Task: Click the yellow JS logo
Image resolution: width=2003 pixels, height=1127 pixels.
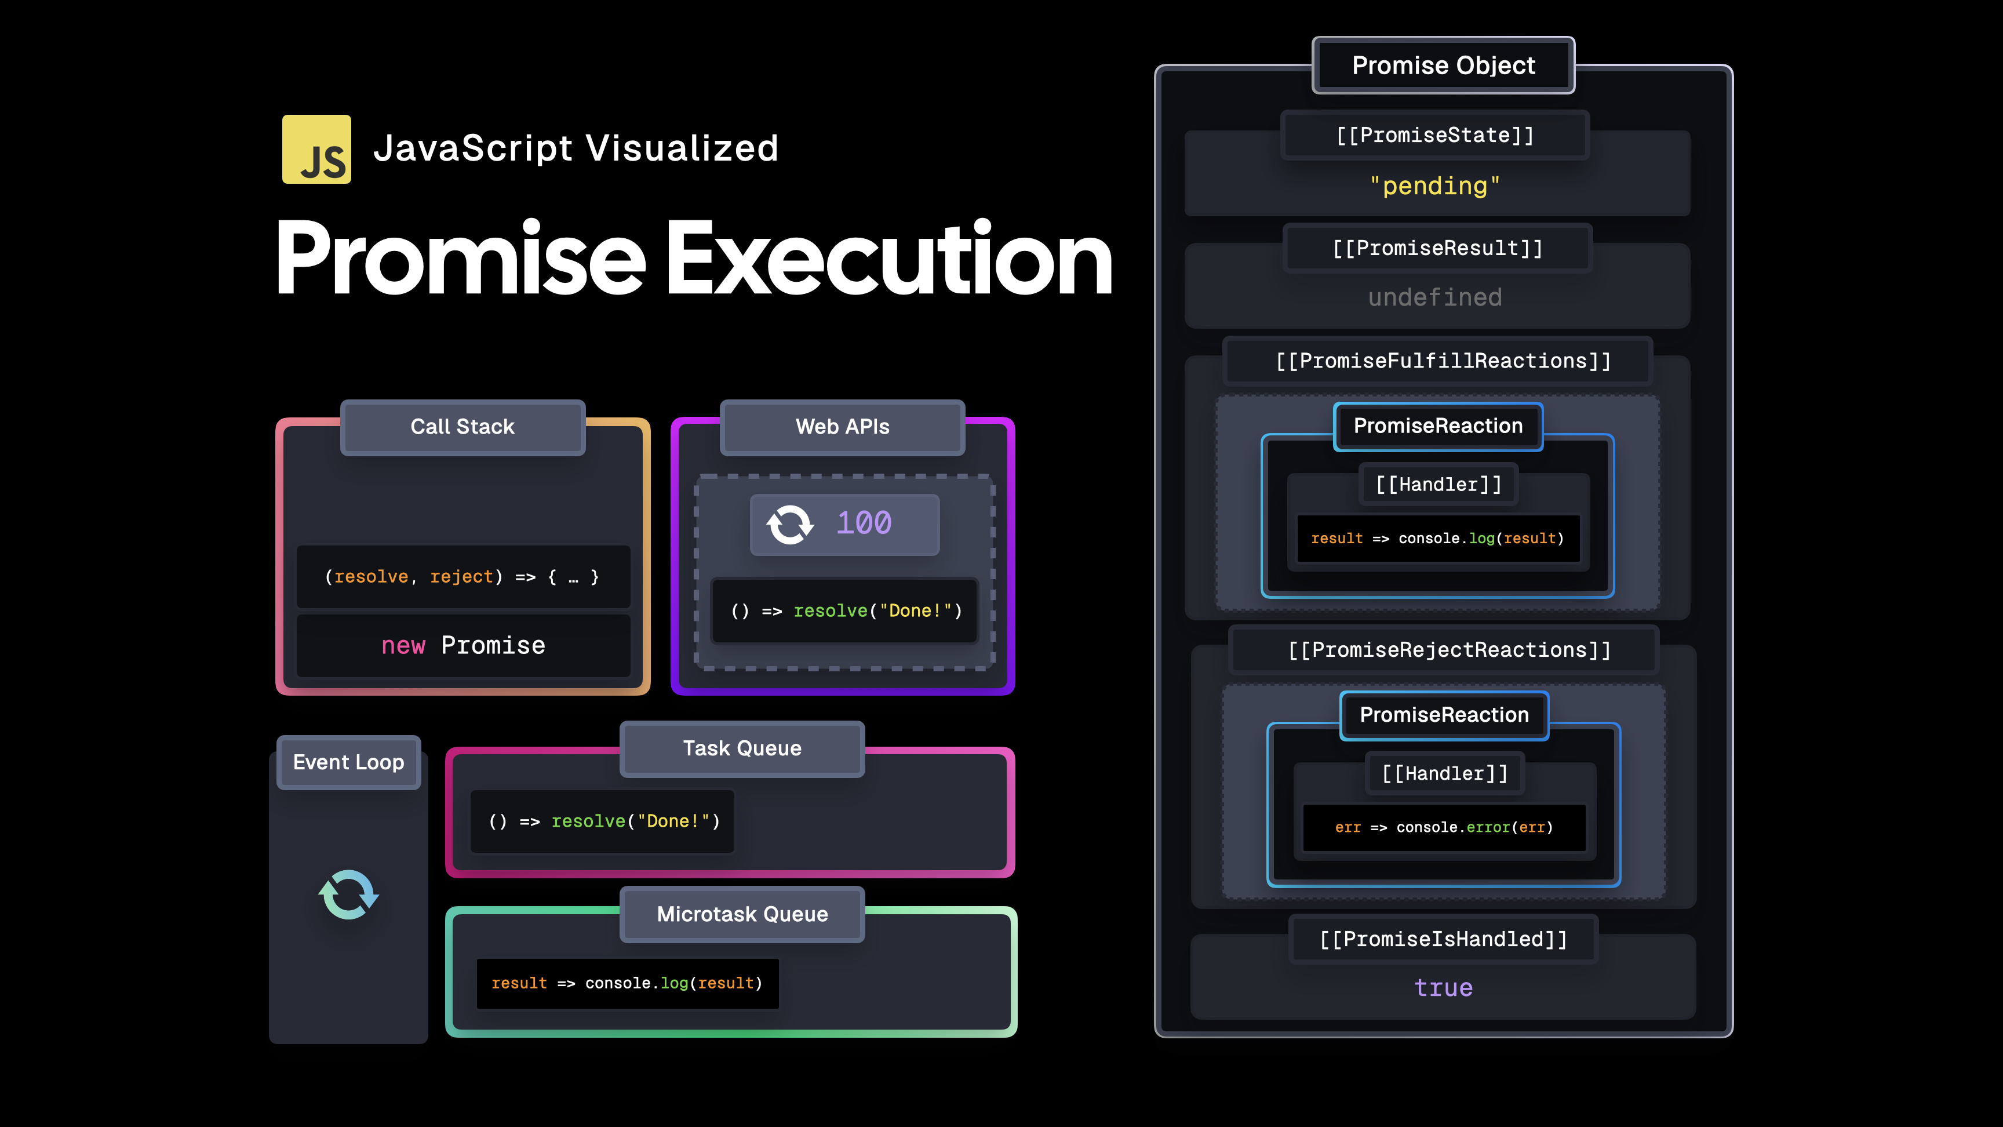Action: [x=316, y=150]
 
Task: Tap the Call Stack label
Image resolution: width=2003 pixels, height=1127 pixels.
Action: [x=462, y=427]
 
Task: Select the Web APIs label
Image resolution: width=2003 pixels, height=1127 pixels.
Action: [x=842, y=427]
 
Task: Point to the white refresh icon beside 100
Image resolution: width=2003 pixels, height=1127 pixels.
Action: [x=789, y=524]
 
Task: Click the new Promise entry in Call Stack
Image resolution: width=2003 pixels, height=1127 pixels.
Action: [x=464, y=646]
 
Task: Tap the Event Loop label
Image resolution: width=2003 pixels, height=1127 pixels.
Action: [x=348, y=762]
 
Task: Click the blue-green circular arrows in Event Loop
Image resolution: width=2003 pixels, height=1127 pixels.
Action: [x=348, y=895]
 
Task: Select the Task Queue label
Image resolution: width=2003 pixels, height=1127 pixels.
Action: [x=742, y=748]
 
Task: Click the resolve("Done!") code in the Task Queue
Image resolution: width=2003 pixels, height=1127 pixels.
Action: [x=604, y=821]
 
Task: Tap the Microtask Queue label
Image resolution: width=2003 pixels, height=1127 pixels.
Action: [x=742, y=914]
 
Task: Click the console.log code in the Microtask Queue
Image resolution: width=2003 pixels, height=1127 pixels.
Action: [x=627, y=984]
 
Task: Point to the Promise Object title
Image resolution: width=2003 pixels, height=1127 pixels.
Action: [x=1443, y=66]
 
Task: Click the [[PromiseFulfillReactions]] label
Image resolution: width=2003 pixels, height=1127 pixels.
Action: [x=1443, y=361]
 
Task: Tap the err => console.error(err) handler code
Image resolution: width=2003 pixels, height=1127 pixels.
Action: [x=1443, y=827]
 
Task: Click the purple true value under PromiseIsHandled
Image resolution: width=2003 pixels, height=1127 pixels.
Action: [x=1443, y=988]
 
